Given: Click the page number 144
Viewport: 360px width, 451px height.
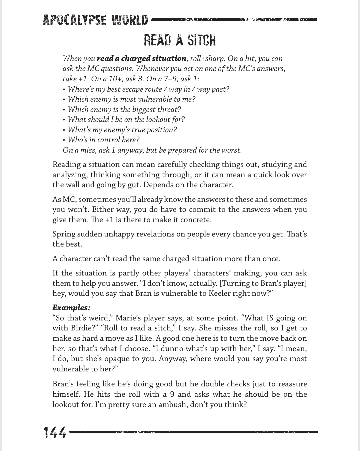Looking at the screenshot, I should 55,432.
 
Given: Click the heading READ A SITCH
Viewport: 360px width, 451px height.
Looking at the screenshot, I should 180,41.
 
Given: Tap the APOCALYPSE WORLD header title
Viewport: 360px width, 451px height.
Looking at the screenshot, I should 95,20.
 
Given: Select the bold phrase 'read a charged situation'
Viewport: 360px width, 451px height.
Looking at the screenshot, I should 141,59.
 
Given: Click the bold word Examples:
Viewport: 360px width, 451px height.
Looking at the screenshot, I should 71,307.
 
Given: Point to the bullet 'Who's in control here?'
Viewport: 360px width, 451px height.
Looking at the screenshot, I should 104,140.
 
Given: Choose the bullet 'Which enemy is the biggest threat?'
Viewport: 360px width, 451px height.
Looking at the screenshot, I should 124,110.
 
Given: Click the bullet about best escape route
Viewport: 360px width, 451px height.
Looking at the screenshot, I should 148,89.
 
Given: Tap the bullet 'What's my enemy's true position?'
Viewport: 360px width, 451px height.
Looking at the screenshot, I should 122,130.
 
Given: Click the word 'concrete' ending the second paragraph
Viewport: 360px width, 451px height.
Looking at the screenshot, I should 196,220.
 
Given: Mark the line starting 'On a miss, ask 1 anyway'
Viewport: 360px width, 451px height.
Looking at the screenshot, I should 152,150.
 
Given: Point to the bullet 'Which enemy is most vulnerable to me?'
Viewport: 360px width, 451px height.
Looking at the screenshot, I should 131,99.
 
